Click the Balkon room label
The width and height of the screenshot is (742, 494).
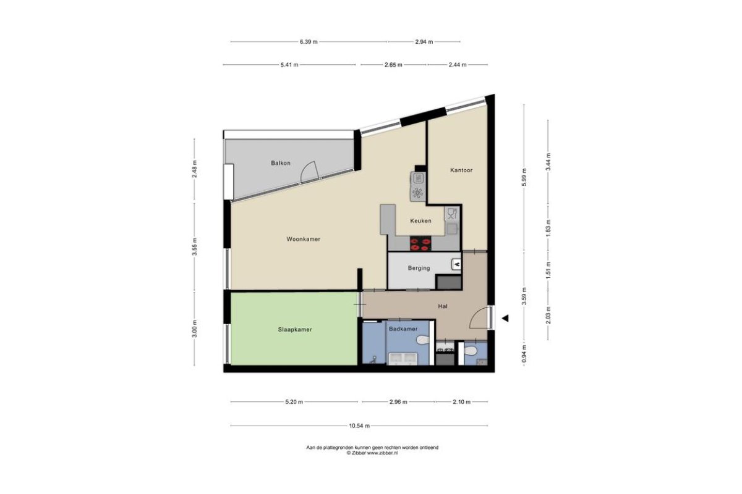point(281,163)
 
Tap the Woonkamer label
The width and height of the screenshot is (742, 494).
point(304,239)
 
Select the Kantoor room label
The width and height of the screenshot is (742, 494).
point(461,170)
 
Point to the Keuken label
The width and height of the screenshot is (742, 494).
point(420,220)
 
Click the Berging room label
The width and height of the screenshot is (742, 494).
point(419,268)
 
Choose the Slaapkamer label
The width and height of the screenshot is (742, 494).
point(295,330)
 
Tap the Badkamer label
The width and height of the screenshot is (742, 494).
point(403,329)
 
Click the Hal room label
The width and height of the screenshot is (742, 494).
point(443,306)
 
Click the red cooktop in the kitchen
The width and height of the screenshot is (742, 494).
point(420,243)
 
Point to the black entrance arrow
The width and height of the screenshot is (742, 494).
point(505,318)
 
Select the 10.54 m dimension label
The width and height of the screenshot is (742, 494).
point(359,426)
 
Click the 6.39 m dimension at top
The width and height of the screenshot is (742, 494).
point(309,42)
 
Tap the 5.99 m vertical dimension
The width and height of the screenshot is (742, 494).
point(524,177)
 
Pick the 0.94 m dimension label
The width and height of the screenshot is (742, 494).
point(524,354)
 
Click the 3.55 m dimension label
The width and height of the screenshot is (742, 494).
point(194,246)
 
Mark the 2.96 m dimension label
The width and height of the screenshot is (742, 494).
point(398,402)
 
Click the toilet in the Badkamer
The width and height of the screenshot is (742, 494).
point(423,340)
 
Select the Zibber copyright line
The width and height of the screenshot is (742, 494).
point(372,453)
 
